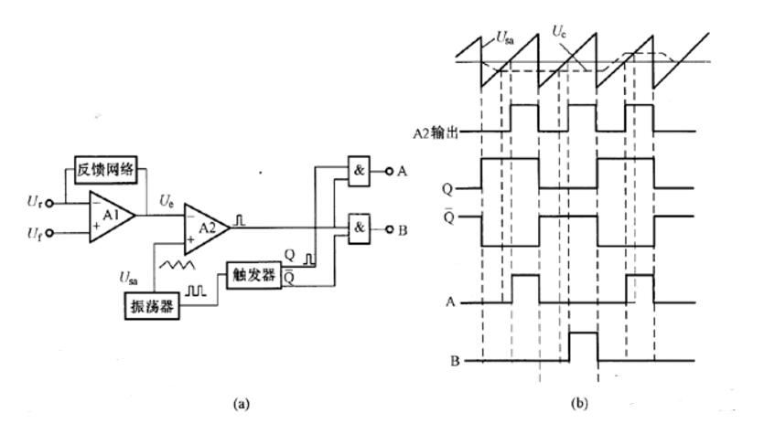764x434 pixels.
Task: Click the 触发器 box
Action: (x=248, y=272)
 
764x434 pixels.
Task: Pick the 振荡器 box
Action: (x=151, y=306)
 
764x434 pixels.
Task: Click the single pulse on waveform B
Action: (x=583, y=347)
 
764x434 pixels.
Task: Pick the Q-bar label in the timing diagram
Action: (x=473, y=219)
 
